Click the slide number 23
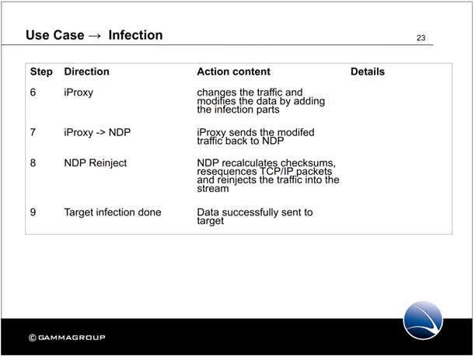[x=421, y=38]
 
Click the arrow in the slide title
[x=95, y=36]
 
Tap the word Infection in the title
[x=135, y=35]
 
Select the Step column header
[x=41, y=72]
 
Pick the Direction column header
[x=86, y=72]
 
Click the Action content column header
[x=233, y=72]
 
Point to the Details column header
[x=368, y=72]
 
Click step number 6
[x=33, y=92]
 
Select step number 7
[x=33, y=132]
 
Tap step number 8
[x=33, y=163]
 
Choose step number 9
[x=33, y=212]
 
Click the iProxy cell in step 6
[x=79, y=93]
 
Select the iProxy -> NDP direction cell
[x=97, y=133]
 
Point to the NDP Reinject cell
[x=96, y=163]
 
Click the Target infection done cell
[x=113, y=212]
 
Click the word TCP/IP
[x=275, y=172]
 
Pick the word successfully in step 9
[x=250, y=213]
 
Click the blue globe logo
[x=423, y=320]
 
